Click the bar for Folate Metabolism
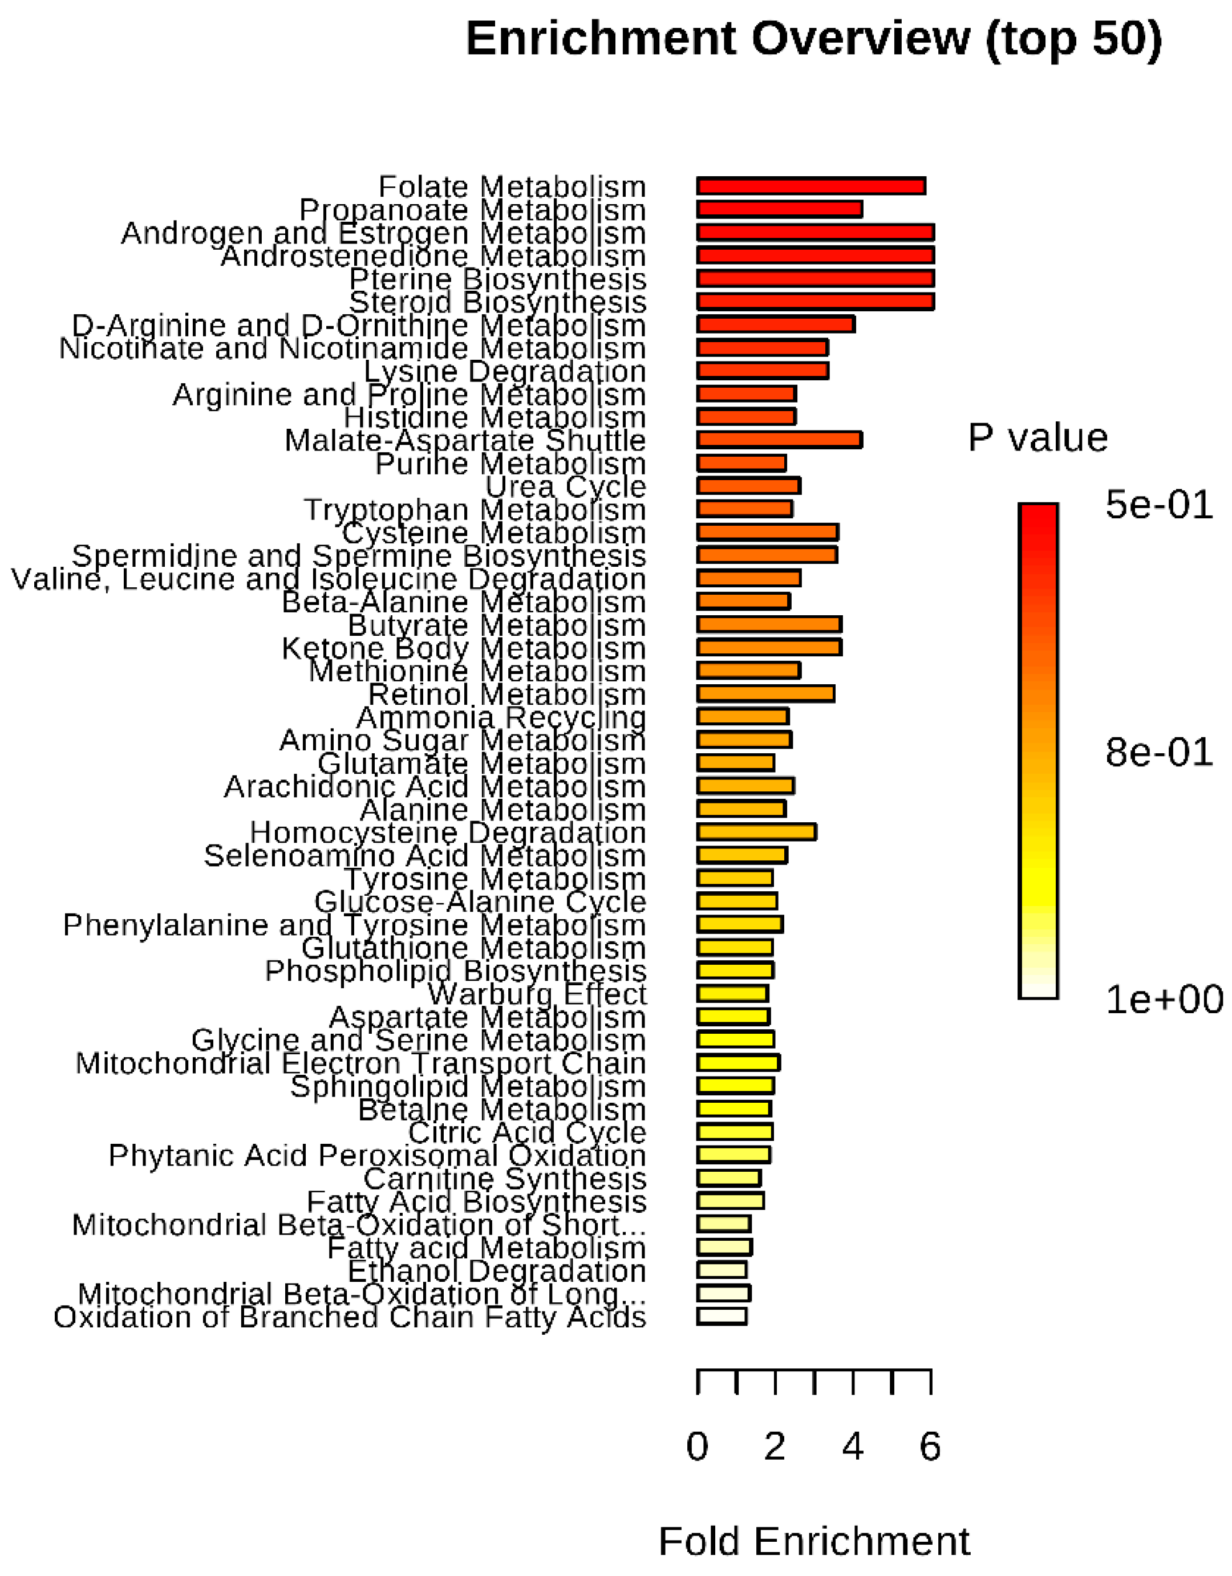click(x=810, y=186)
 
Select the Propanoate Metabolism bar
click(x=780, y=209)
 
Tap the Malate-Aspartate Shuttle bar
click(x=780, y=440)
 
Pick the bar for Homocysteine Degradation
click(x=756, y=832)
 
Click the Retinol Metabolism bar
click(x=765, y=693)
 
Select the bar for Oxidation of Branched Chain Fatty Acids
click(x=722, y=1316)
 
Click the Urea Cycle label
click(x=565, y=486)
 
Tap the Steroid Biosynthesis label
click(x=497, y=302)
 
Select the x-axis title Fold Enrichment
click(x=813, y=1541)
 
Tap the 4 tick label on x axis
click(x=852, y=1446)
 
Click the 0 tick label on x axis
click(x=697, y=1446)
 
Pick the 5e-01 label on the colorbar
click(x=1158, y=505)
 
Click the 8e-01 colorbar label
click(x=1158, y=752)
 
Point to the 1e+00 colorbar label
click(x=1164, y=1000)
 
